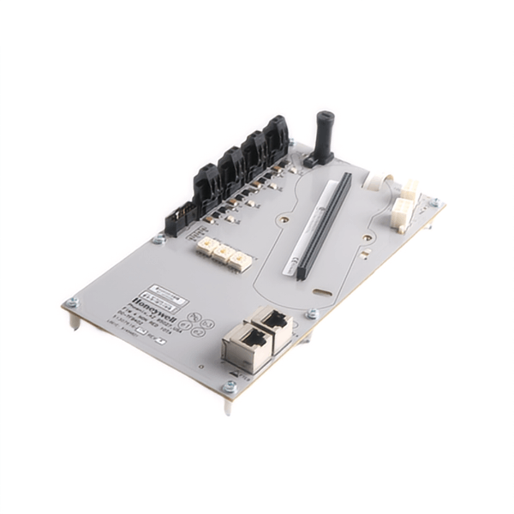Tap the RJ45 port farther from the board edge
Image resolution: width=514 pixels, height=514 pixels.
click(x=273, y=326)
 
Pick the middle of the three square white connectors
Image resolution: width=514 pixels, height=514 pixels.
click(x=224, y=254)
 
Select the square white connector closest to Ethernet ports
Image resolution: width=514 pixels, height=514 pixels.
click(x=241, y=260)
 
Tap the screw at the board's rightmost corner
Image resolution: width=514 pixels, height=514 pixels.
click(x=434, y=203)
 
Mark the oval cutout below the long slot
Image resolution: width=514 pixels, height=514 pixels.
click(x=322, y=292)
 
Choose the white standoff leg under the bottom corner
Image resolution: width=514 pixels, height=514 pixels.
click(x=227, y=406)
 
